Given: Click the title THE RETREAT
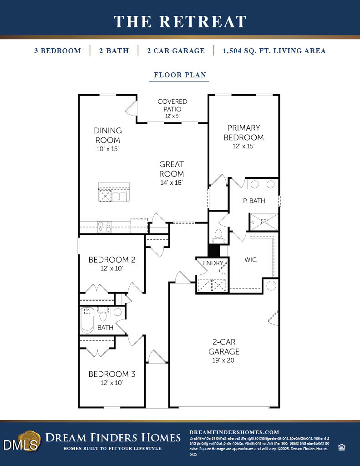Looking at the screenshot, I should [180, 21].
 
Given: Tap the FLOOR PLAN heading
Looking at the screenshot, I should [179, 75].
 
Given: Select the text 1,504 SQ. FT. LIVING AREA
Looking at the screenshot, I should [274, 51].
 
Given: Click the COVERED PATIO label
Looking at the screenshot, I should [172, 105].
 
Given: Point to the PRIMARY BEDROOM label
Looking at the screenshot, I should [243, 132].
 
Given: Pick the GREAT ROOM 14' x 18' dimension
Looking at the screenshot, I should [172, 182].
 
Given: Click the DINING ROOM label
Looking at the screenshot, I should [108, 135].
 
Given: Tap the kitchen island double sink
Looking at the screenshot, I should [120, 196].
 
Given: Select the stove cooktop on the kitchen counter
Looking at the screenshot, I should [105, 226].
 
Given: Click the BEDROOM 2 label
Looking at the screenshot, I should [112, 260].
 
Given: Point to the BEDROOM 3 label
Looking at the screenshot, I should [112, 374].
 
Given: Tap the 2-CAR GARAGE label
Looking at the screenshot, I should [224, 346].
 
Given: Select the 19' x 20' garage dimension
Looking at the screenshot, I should [224, 360].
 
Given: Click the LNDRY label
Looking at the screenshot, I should [213, 263].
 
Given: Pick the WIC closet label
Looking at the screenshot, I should [250, 260].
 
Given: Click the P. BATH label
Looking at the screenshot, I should [254, 201].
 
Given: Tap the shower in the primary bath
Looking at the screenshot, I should [264, 222].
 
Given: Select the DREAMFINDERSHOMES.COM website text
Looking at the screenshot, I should [233, 432].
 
